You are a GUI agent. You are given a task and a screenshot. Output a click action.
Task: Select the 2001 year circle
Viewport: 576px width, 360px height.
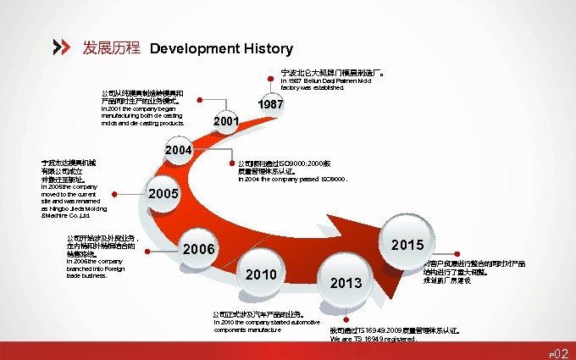tap(225, 123)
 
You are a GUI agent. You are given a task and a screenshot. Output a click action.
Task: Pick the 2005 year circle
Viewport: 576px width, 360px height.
tap(163, 194)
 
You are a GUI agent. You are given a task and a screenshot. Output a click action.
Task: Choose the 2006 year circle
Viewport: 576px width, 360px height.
tap(199, 250)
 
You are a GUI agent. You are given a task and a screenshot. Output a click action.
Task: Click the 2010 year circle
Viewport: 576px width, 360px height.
tap(261, 275)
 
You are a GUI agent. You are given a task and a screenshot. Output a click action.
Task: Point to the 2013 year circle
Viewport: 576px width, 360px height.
tap(346, 282)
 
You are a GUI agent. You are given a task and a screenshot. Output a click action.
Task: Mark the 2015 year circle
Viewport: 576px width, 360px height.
tap(408, 245)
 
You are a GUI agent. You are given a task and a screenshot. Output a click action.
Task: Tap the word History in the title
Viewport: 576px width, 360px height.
tap(265, 49)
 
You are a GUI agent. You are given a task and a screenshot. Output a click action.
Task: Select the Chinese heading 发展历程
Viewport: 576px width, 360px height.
tap(111, 48)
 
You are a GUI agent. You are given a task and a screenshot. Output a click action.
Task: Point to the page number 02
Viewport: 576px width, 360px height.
tap(561, 350)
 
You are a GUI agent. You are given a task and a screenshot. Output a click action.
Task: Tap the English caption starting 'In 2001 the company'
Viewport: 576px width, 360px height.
tap(141, 117)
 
